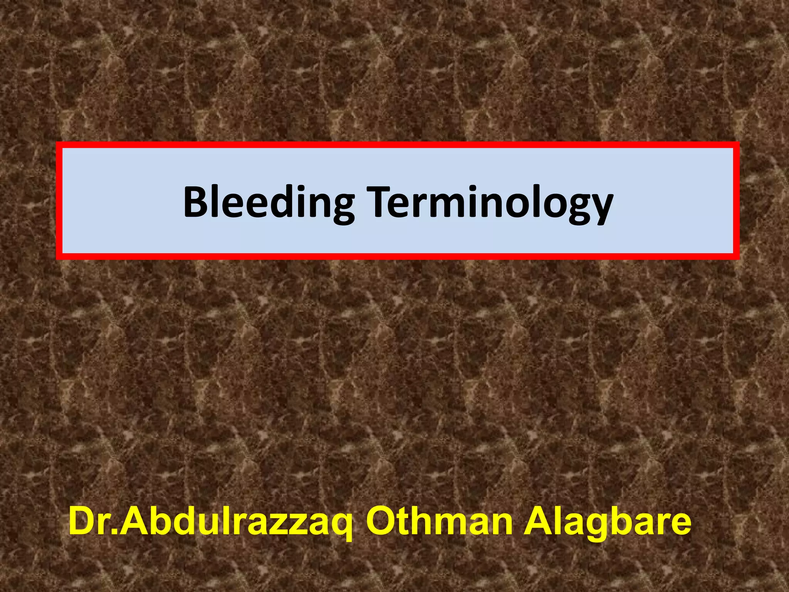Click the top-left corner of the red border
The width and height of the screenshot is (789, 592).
pos(59,145)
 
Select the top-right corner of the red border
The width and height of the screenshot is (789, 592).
pos(736,145)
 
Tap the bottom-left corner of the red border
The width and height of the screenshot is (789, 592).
pos(59,256)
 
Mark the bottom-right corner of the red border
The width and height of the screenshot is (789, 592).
pos(736,256)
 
